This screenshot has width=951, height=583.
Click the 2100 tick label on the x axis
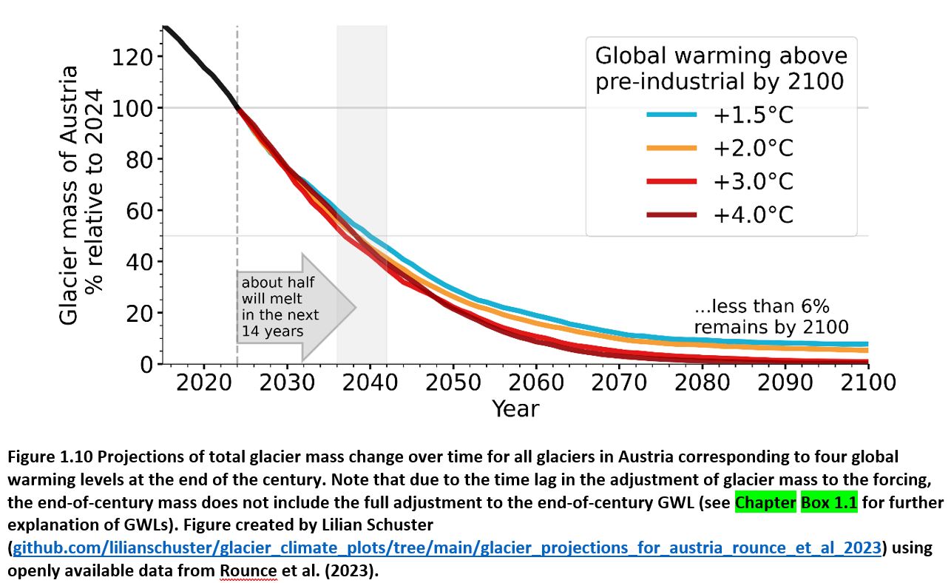pos(867,382)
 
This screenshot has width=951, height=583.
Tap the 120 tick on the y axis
pos(132,58)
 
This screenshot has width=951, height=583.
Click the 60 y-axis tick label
pos(139,211)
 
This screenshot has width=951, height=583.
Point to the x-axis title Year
pos(515,408)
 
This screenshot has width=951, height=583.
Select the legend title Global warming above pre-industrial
pos(721,68)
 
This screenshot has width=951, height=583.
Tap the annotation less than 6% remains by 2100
pos(770,317)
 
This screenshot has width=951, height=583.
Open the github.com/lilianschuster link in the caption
pos(447,548)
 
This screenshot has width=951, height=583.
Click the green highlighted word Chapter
pos(765,503)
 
